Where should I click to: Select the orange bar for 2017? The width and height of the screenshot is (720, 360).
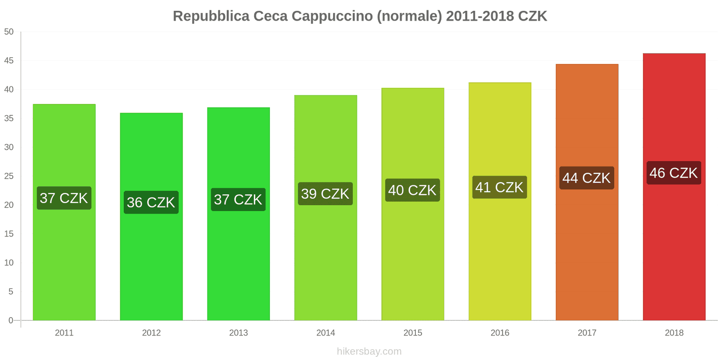pyautogui.click(x=587, y=252)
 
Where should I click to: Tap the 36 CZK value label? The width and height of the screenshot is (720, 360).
pyautogui.click(x=151, y=202)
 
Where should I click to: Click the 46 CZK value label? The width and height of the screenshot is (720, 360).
pyautogui.click(x=674, y=173)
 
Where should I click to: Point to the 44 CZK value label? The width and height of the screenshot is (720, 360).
pyautogui.click(x=587, y=178)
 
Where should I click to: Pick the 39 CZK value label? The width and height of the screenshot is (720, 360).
pyautogui.click(x=325, y=193)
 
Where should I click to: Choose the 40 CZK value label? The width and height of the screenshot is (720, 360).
pyautogui.click(x=412, y=190)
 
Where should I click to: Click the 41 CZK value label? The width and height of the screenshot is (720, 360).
pyautogui.click(x=499, y=187)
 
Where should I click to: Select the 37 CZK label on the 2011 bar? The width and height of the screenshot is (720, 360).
pyautogui.click(x=64, y=198)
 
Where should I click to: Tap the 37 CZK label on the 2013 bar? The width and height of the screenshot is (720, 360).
pyautogui.click(x=238, y=199)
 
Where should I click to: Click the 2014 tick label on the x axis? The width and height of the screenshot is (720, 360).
pyautogui.click(x=325, y=333)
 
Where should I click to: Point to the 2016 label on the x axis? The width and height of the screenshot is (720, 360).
pyautogui.click(x=499, y=333)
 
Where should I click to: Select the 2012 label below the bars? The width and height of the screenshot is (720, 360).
pyautogui.click(x=151, y=333)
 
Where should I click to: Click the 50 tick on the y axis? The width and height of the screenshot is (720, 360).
pyautogui.click(x=9, y=32)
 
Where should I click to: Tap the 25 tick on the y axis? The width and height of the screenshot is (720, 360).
pyautogui.click(x=9, y=176)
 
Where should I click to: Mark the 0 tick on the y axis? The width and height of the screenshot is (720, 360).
pyautogui.click(x=11, y=320)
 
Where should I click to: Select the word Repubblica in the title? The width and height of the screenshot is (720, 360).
pyautogui.click(x=211, y=16)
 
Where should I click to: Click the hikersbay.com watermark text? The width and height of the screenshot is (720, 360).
pyautogui.click(x=369, y=351)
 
